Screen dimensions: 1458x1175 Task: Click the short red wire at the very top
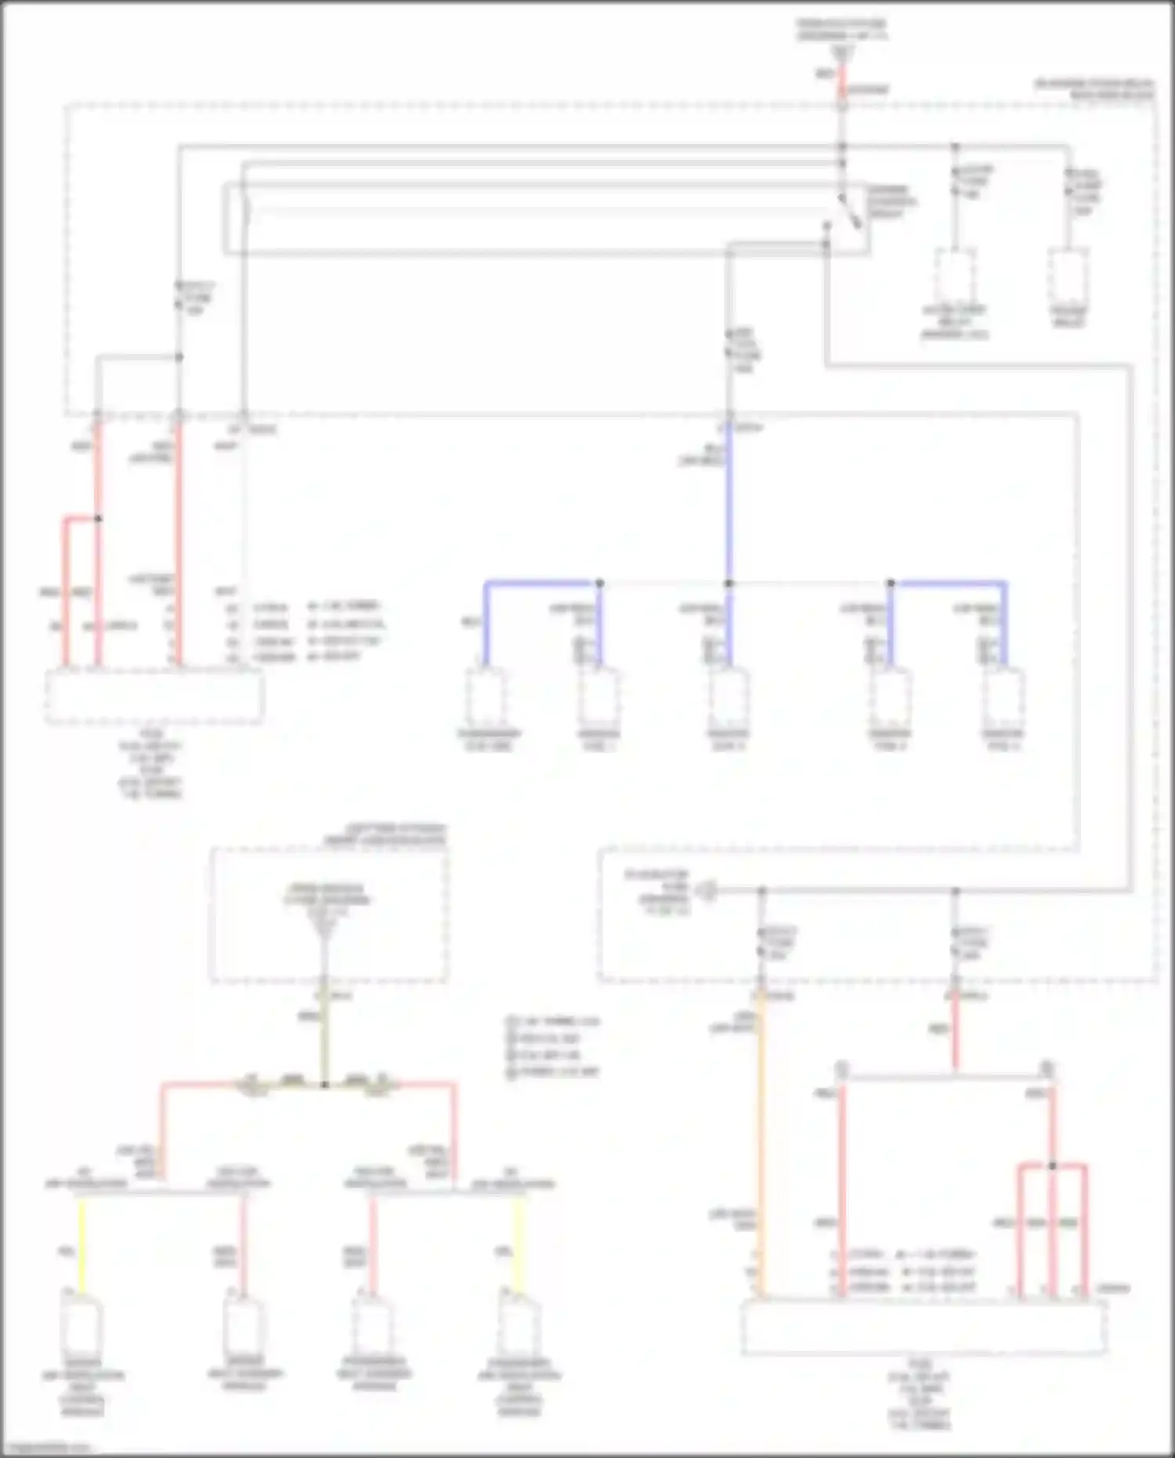click(842, 79)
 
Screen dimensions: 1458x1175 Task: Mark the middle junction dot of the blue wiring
click(728, 584)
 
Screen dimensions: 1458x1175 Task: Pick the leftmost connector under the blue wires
click(486, 697)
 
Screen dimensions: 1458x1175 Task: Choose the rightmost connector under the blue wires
click(1004, 697)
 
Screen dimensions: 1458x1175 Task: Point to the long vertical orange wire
click(760, 1144)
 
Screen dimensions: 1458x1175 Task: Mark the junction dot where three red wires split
click(1052, 1166)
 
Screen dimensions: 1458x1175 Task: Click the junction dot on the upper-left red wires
click(98, 519)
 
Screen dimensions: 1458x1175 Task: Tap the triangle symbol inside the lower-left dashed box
click(324, 928)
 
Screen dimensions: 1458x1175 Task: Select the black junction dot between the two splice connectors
click(324, 1085)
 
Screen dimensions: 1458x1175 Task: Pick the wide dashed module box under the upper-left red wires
click(154, 696)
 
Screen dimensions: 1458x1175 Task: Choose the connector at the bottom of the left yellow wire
click(81, 1324)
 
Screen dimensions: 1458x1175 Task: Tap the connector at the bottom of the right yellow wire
click(519, 1324)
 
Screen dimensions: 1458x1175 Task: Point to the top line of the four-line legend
click(555, 1022)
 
